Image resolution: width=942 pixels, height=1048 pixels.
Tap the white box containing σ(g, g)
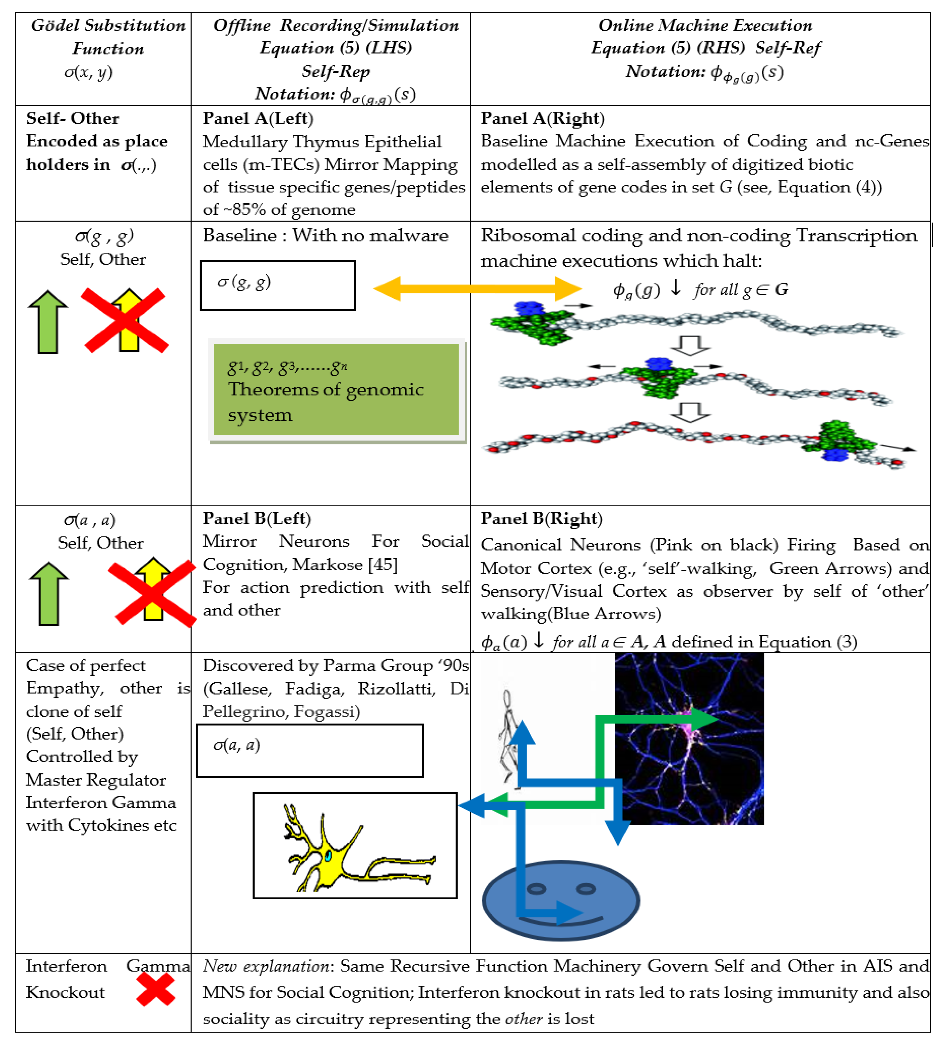278,285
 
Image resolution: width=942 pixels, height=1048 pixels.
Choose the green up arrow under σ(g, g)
48,322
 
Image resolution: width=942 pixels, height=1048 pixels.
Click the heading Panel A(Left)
258,119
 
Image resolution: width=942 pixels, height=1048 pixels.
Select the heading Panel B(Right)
541,518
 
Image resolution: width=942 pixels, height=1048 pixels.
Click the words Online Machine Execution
705,25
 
